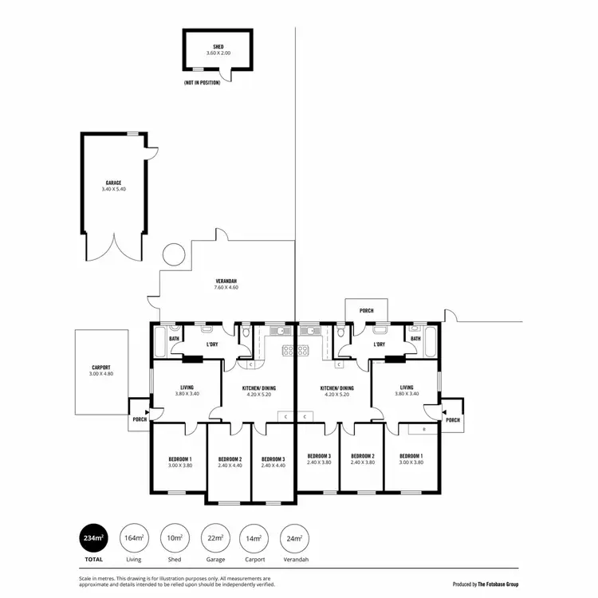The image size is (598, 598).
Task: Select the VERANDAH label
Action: tap(226, 281)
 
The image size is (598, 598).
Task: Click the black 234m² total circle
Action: tap(92, 539)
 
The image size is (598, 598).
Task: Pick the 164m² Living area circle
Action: tap(133, 539)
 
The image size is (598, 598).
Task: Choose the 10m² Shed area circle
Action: tap(174, 539)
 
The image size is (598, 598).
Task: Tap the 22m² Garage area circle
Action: tap(214, 539)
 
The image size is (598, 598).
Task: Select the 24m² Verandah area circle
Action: tap(295, 539)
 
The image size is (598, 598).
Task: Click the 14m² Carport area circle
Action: tap(255, 539)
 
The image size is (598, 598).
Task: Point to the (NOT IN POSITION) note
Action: tap(203, 82)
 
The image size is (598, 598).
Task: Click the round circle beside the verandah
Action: tap(173, 256)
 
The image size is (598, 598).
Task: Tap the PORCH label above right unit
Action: tap(366, 310)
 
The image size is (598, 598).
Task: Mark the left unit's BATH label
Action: tap(174, 339)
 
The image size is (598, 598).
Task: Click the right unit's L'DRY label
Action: tap(379, 344)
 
